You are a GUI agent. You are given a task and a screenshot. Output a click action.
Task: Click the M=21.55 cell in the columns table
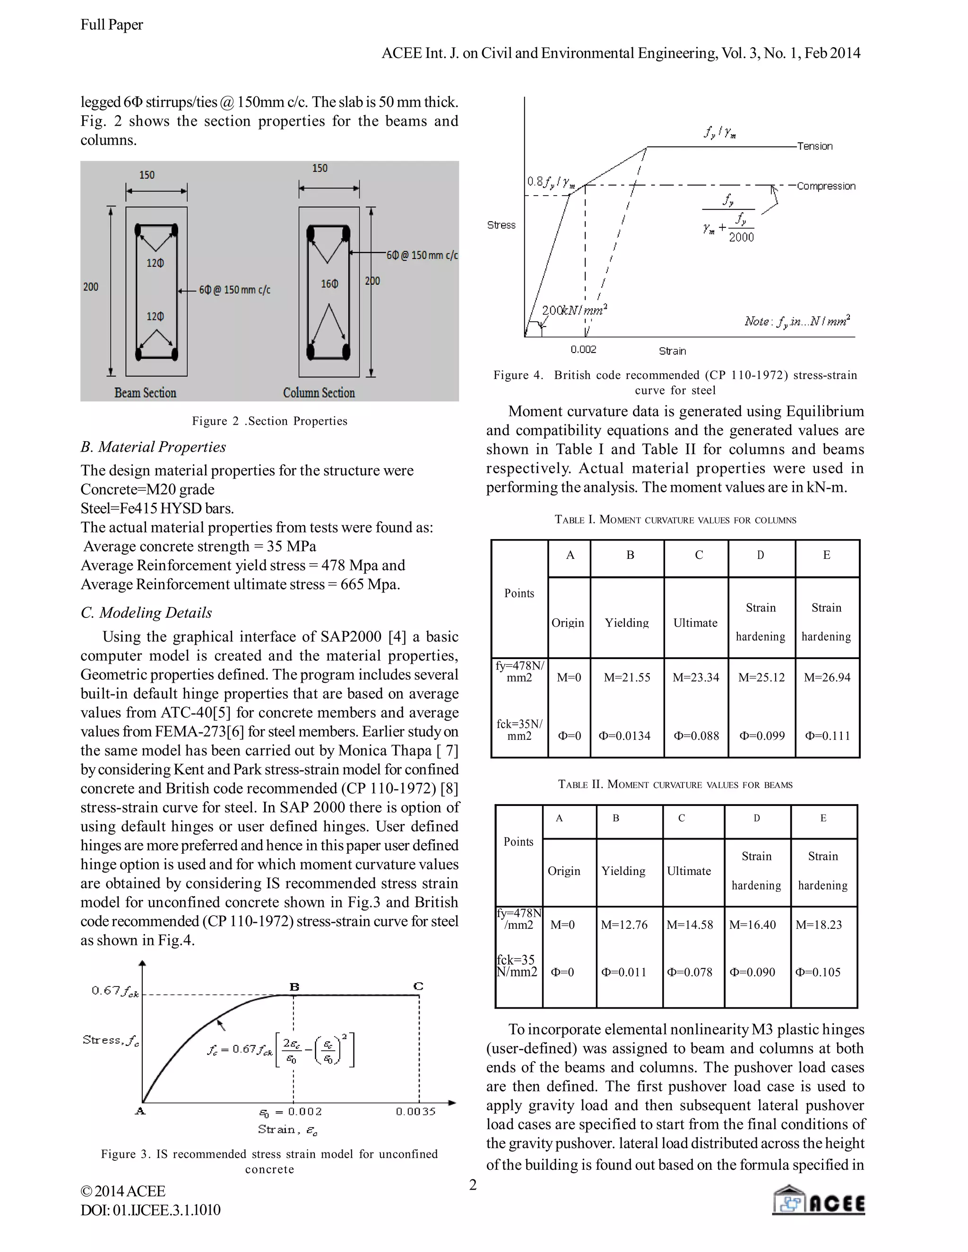tap(627, 677)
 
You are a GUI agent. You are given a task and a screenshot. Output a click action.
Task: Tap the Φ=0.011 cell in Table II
tap(623, 972)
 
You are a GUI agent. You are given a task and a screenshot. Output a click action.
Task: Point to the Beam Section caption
tap(145, 393)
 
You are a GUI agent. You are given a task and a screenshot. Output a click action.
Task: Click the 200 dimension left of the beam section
tap(91, 287)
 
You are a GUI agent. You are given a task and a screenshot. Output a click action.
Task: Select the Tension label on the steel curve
tap(814, 146)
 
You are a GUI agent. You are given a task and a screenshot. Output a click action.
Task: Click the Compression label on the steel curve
tap(826, 186)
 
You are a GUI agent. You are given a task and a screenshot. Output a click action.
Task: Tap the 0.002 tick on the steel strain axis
tap(583, 350)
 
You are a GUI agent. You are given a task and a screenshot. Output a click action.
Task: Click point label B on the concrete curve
tap(294, 986)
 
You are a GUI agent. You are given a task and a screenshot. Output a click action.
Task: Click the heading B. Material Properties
tap(153, 447)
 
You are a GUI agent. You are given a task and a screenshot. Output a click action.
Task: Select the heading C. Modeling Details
tap(146, 613)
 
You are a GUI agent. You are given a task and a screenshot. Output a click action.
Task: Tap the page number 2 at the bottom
tap(473, 1184)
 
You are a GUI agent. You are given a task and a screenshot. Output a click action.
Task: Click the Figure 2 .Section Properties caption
tap(269, 421)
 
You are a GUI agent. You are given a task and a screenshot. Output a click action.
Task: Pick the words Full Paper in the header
tap(112, 25)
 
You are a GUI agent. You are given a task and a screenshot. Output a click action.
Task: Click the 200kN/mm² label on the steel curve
tap(574, 310)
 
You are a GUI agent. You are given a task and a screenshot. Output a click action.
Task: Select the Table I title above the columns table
tap(675, 520)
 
